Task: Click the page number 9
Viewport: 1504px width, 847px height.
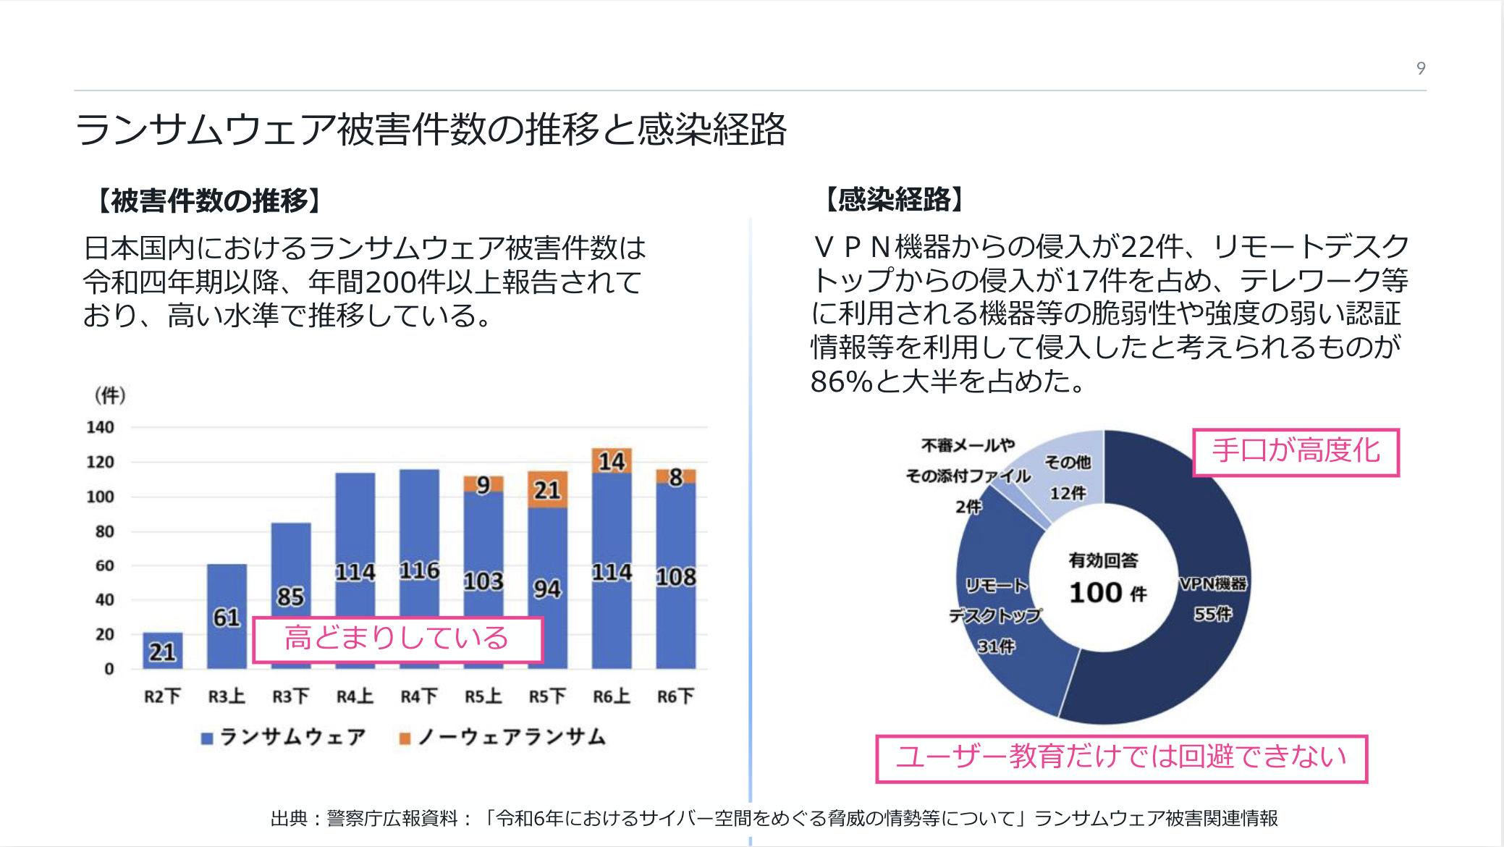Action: coord(1421,68)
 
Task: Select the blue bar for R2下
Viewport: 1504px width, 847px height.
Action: coord(162,650)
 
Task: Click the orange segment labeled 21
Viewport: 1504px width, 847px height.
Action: coord(547,489)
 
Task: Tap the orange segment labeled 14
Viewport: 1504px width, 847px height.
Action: coord(612,460)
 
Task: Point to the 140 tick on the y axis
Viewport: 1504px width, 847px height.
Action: coord(101,427)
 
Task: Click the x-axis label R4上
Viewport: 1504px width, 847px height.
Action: coord(355,696)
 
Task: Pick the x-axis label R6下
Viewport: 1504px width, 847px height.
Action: coord(675,696)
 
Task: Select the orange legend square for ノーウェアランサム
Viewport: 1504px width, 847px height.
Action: coord(405,738)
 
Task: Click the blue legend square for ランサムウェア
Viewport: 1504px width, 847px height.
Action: coord(207,738)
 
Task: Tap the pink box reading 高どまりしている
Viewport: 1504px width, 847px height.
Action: coord(397,639)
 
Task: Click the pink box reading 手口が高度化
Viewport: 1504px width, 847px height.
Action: coord(1296,452)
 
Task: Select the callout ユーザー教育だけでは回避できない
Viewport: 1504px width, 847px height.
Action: coord(1121,758)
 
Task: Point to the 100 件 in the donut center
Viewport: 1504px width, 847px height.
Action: coord(1107,593)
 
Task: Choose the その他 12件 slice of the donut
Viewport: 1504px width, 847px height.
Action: coord(1068,478)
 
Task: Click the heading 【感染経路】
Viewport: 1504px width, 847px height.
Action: coord(895,199)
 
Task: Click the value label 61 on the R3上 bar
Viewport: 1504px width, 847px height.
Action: coord(227,617)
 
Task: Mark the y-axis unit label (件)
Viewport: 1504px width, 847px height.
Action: coord(110,395)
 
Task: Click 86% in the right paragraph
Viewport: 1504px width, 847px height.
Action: coord(842,381)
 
